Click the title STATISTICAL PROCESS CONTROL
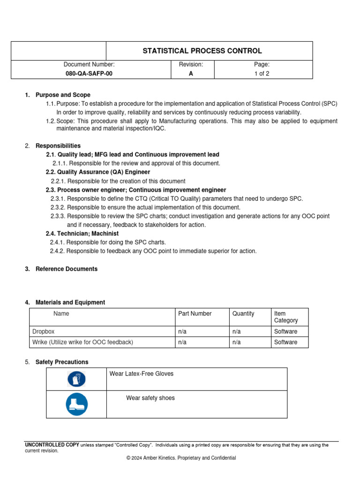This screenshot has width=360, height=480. point(202,51)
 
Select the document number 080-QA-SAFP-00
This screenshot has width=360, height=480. point(89,74)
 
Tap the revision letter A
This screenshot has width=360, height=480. point(191,74)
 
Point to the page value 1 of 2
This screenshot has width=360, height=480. point(262,74)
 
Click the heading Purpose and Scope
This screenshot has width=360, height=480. point(63,95)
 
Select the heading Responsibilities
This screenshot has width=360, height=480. point(58,146)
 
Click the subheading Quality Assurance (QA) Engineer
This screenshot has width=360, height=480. point(98,172)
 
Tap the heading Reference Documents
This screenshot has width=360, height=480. point(67,269)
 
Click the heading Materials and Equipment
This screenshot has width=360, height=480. point(70,302)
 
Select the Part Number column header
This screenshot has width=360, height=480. point(195,314)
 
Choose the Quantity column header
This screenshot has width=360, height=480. point(243,314)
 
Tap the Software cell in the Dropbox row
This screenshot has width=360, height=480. point(285,331)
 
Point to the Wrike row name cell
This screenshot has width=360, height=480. point(82,342)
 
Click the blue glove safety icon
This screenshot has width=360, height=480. point(76,379)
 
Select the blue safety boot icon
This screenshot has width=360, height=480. point(76,404)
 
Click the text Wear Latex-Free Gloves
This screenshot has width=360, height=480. point(141,374)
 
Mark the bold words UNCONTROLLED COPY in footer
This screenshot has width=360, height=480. point(52,445)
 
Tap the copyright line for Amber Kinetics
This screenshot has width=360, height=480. point(181,458)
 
